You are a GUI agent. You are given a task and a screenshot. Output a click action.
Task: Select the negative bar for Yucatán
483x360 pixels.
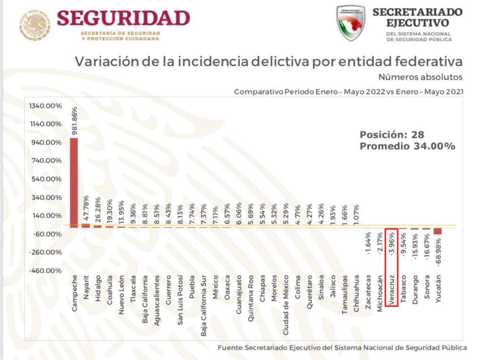[438, 231]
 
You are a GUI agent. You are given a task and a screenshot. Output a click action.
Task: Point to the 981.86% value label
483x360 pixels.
[74, 121]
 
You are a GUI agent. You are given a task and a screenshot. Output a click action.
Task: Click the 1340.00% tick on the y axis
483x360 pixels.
[46, 106]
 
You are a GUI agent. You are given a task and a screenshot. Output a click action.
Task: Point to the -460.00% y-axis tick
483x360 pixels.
[46, 271]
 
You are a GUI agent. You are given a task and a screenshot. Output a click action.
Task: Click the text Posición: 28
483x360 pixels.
[391, 135]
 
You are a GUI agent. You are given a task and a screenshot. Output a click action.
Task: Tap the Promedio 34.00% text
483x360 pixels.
[407, 147]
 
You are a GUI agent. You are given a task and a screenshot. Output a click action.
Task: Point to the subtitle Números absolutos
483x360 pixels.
[420, 77]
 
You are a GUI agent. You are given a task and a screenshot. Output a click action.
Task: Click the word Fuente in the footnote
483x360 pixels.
[230, 348]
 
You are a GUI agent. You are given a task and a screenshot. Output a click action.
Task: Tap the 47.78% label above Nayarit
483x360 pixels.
[86, 208]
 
